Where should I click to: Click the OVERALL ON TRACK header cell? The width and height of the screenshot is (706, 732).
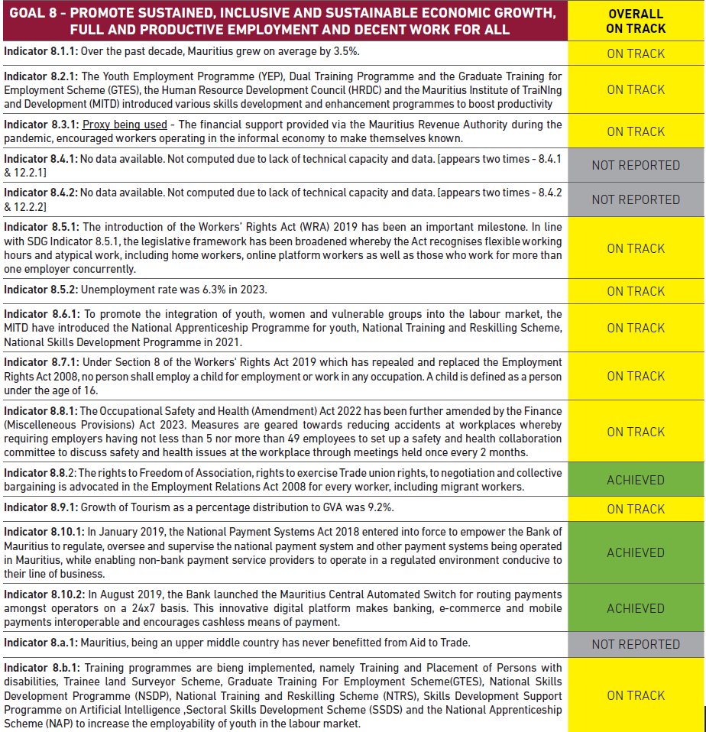[636, 21]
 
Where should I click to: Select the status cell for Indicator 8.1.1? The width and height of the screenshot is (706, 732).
[636, 53]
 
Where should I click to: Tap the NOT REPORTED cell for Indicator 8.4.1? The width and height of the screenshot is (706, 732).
[636, 165]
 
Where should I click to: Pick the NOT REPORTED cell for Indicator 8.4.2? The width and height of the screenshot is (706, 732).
[636, 199]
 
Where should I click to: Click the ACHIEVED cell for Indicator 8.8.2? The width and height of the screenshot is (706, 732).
[636, 480]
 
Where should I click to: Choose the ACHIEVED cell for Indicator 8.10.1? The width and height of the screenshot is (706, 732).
[636, 552]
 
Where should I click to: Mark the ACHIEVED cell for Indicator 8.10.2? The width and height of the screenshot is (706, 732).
[636, 608]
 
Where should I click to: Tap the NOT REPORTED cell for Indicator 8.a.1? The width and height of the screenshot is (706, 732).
[636, 644]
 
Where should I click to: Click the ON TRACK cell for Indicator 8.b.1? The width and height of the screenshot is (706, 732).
[636, 695]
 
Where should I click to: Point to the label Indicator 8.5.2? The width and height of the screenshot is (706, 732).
[40, 290]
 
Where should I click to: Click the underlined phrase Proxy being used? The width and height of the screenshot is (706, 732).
[125, 125]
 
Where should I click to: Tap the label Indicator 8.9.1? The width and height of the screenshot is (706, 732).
[40, 507]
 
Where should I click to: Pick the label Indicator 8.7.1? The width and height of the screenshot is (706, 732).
[40, 361]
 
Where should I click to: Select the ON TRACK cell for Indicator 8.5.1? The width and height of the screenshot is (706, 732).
[636, 248]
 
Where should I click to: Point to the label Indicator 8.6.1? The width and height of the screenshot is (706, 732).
[40, 314]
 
